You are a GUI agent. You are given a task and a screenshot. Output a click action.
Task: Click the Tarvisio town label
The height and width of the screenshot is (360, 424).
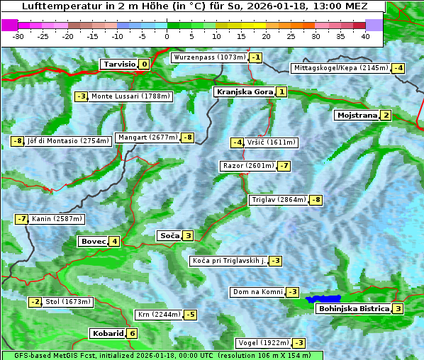[118, 64]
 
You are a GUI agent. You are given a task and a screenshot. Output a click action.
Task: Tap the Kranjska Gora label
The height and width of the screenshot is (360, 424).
[243, 92]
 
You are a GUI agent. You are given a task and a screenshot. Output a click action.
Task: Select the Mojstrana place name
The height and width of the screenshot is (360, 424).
[357, 116]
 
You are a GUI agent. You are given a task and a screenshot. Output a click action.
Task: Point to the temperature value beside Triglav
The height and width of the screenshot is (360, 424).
[316, 200]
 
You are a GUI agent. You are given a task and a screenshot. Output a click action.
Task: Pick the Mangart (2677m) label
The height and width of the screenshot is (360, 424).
[147, 137]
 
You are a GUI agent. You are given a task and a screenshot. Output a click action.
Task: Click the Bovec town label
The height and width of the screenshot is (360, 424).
[93, 241]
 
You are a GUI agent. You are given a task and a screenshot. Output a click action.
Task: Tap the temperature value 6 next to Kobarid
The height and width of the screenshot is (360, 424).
[132, 333]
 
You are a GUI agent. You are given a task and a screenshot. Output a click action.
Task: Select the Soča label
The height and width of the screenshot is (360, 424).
[169, 235]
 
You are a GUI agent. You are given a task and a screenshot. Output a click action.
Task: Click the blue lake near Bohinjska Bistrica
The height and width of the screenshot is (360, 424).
[323, 299]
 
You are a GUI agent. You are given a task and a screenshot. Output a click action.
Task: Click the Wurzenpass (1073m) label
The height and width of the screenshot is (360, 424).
[209, 57]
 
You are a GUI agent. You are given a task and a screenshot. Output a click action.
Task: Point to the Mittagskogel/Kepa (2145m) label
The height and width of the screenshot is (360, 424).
[341, 68]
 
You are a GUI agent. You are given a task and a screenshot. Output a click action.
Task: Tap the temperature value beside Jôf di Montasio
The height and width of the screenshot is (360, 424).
[17, 141]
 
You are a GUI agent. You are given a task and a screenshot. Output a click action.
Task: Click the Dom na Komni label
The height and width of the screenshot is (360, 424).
[257, 292]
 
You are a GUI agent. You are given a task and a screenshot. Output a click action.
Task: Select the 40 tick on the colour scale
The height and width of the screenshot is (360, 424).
[365, 36]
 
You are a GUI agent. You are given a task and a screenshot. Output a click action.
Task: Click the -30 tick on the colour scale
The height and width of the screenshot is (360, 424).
[18, 36]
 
